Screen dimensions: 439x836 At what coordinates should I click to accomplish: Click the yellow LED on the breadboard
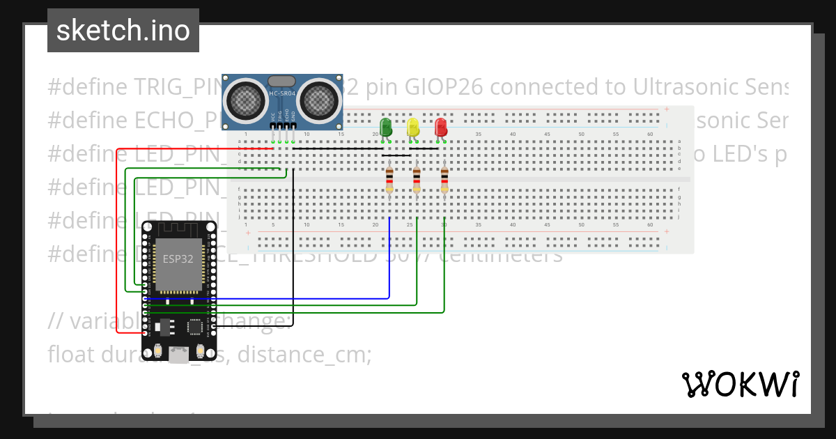[413, 128]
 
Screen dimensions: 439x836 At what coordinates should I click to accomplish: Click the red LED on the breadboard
[440, 128]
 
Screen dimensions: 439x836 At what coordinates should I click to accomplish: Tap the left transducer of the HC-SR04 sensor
[244, 98]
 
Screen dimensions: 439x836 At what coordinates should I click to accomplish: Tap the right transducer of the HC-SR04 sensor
[320, 98]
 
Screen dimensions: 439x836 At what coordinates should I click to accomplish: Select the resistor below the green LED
[389, 179]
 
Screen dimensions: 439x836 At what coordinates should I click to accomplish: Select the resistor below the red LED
[444, 179]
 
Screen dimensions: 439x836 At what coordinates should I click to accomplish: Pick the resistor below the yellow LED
[417, 179]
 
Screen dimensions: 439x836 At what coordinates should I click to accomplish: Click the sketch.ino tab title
[123, 31]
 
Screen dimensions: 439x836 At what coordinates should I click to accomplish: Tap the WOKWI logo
[740, 384]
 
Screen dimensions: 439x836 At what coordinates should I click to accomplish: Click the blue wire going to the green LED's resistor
[389, 265]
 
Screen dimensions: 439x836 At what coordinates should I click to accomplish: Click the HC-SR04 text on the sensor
[282, 93]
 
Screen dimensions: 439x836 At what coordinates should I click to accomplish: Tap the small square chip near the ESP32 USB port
[196, 326]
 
